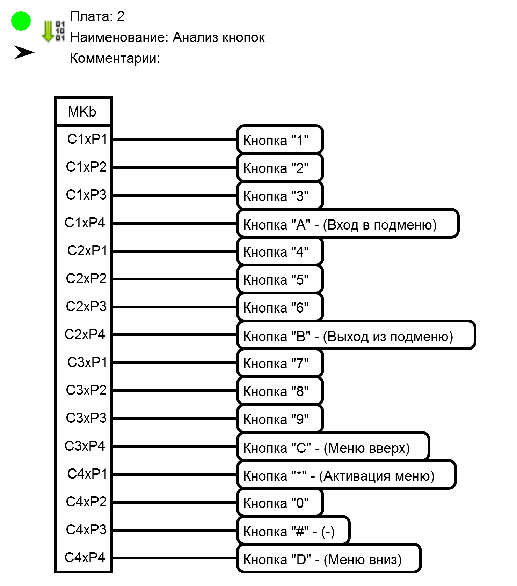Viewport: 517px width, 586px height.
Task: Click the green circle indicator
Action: tap(21, 21)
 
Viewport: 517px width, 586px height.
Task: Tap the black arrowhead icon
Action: tap(24, 52)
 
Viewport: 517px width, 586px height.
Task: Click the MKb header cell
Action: tap(83, 112)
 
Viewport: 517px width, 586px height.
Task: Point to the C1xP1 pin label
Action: tap(87, 139)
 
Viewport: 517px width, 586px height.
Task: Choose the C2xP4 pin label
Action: tap(85, 335)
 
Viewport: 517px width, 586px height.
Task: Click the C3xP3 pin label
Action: tap(86, 418)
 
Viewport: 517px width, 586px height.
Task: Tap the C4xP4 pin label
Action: tap(85, 558)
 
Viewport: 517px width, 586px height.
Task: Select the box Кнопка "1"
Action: tap(280, 140)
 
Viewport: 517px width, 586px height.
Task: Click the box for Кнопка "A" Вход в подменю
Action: tap(348, 224)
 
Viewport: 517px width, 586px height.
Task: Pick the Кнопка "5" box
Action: tap(280, 279)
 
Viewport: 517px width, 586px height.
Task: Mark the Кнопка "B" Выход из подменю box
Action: tap(356, 335)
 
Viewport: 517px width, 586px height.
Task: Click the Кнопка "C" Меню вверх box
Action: tap(333, 447)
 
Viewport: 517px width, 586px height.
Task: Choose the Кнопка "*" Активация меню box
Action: tap(346, 475)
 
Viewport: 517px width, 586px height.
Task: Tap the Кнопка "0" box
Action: tap(280, 502)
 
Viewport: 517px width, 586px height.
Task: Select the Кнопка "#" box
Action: tap(293, 531)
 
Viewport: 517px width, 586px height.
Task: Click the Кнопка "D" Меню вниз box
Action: tap(329, 558)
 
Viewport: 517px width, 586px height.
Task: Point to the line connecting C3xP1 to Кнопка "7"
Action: tap(175, 363)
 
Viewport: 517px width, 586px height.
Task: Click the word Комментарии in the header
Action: tap(115, 58)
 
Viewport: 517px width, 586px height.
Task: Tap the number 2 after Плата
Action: tap(121, 16)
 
